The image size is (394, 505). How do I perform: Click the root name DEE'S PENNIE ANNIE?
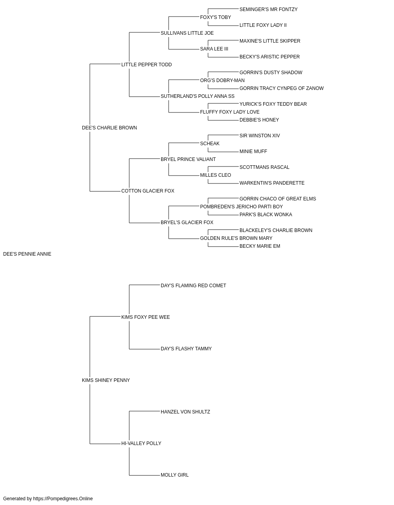[x=27, y=254]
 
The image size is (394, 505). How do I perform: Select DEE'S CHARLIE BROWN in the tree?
[x=109, y=128]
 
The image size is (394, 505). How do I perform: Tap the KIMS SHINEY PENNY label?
[x=106, y=380]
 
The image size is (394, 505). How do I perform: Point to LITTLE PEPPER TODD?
[x=147, y=65]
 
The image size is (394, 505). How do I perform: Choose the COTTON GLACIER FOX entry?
[x=148, y=191]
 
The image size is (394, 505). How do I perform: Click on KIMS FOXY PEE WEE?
[x=145, y=317]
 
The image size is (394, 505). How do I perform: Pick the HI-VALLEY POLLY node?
[x=141, y=443]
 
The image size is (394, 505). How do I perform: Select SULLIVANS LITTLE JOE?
[x=187, y=33]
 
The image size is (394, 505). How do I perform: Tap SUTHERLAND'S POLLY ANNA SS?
[x=197, y=96]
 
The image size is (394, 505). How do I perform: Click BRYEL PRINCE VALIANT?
[x=188, y=159]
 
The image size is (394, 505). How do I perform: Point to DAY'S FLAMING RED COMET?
[x=193, y=285]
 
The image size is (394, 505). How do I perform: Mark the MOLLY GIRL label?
[x=175, y=475]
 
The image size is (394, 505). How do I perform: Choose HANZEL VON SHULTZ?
[x=185, y=412]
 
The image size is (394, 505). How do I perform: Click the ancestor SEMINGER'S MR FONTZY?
[x=268, y=9]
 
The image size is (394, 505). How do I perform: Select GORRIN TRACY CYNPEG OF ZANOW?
[x=281, y=88]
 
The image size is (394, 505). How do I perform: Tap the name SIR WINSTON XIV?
[x=260, y=136]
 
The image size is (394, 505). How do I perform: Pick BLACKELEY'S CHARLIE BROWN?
[x=276, y=230]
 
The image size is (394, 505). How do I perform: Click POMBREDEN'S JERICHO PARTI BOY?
[x=241, y=207]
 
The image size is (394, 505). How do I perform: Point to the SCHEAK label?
[x=210, y=144]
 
